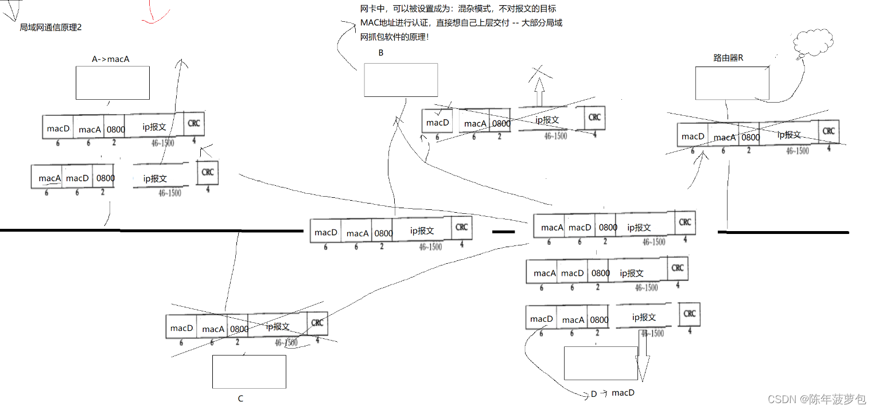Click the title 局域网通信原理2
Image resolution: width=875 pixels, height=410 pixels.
pos(50,28)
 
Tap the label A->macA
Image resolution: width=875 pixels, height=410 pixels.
pos(111,58)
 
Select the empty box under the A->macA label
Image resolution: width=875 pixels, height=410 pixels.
pos(112,83)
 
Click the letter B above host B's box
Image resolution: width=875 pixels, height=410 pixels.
pos(380,53)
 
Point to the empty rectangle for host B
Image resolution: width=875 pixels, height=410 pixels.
pos(400,80)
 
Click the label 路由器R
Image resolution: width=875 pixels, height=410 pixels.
pos(728,58)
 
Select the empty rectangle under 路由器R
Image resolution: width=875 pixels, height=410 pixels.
pos(732,83)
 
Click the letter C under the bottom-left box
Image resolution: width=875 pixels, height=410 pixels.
pos(240,399)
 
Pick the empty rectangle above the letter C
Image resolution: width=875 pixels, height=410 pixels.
pos(249,372)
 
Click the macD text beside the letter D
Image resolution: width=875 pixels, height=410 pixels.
pos(623,393)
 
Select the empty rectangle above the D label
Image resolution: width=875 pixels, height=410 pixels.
pos(601,363)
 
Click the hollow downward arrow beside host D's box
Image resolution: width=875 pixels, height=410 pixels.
pos(641,359)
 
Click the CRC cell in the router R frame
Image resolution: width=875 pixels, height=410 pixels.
pos(829,131)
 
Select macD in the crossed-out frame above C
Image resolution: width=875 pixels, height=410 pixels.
pos(181,328)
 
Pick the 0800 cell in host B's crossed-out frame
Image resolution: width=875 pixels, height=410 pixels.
pos(501,123)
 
